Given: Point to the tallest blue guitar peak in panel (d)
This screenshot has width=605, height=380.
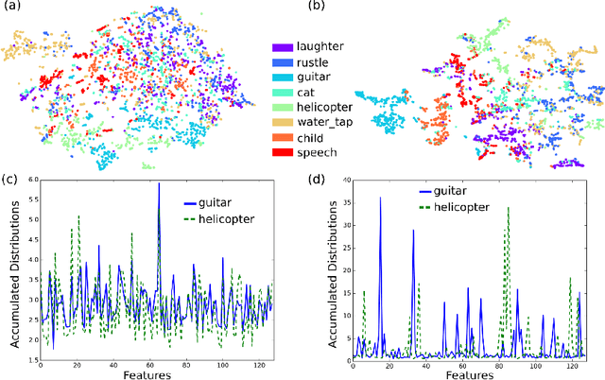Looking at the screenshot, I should click(x=380, y=199).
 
